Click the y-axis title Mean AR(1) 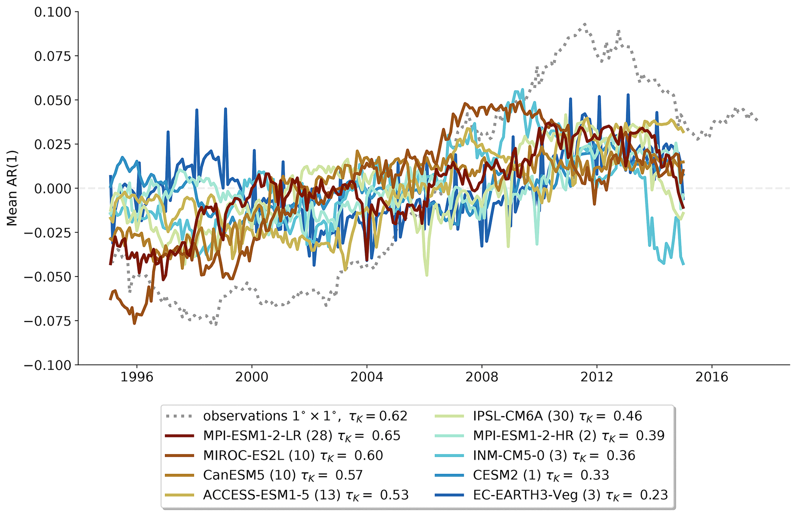pos(12,188)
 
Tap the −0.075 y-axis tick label pos(48,321)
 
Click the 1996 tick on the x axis pos(136,377)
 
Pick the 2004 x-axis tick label pos(367,377)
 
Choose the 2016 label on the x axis pos(712,377)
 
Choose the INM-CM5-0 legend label pos(520,456)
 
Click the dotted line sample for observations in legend pos(179,416)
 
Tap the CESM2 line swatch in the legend pos(449,475)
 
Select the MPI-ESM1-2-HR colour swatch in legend pos(449,436)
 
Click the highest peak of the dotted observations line pos(585,24)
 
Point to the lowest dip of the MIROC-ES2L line pos(135,323)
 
